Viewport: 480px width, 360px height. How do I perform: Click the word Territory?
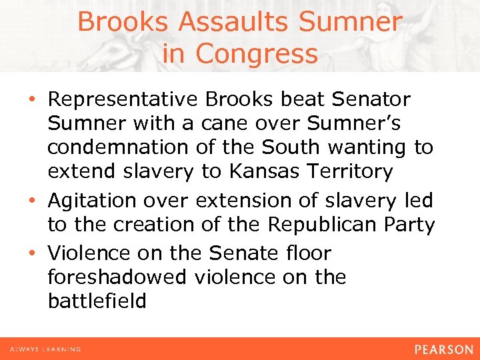click(x=352, y=171)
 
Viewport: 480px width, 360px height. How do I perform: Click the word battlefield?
click(x=97, y=301)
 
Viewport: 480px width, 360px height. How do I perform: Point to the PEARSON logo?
click(x=443, y=349)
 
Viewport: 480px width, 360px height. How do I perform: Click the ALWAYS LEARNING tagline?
click(x=45, y=349)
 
